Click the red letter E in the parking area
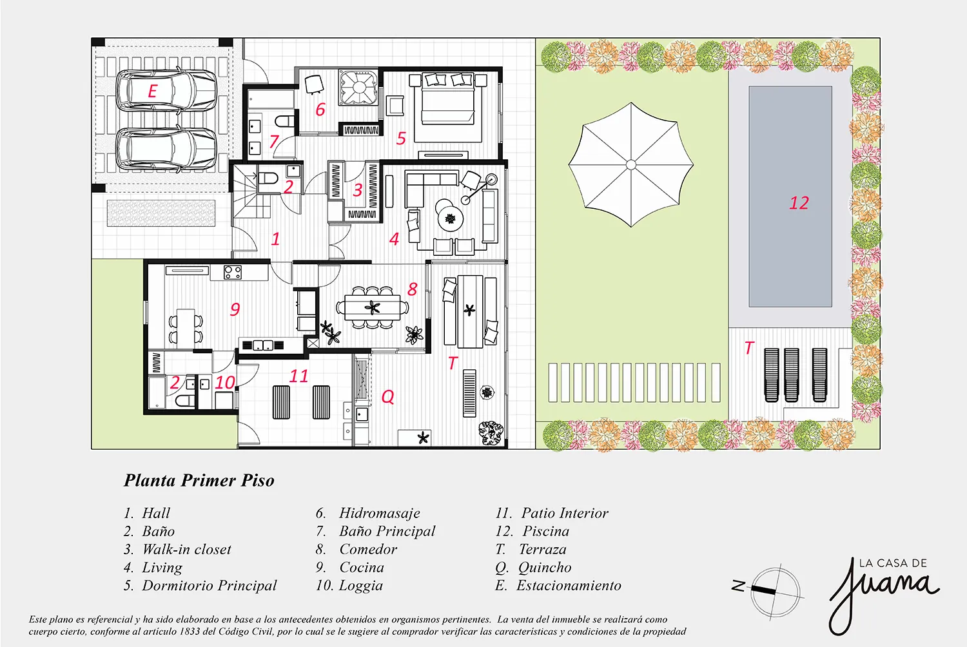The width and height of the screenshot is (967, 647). (x=152, y=91)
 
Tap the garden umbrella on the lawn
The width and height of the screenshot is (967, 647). (x=630, y=164)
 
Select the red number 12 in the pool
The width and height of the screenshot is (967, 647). (x=799, y=203)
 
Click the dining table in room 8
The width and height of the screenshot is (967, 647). (x=373, y=307)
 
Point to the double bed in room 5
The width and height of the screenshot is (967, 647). (x=447, y=108)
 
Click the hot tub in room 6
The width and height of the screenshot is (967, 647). (x=358, y=88)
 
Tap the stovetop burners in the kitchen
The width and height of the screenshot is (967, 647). (x=232, y=272)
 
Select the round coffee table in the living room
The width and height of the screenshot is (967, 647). (x=450, y=219)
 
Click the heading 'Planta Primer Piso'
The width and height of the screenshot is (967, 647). (x=199, y=480)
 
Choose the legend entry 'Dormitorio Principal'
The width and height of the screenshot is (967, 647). (x=210, y=585)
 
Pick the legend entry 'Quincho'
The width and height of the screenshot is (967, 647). (x=545, y=567)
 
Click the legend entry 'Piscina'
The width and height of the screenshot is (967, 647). (x=545, y=531)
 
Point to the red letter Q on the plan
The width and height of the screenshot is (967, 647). (x=387, y=396)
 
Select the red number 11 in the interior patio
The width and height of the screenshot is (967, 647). (x=298, y=376)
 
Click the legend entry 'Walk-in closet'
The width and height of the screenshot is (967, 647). (x=186, y=549)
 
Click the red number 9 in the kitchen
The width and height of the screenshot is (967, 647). (x=235, y=309)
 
